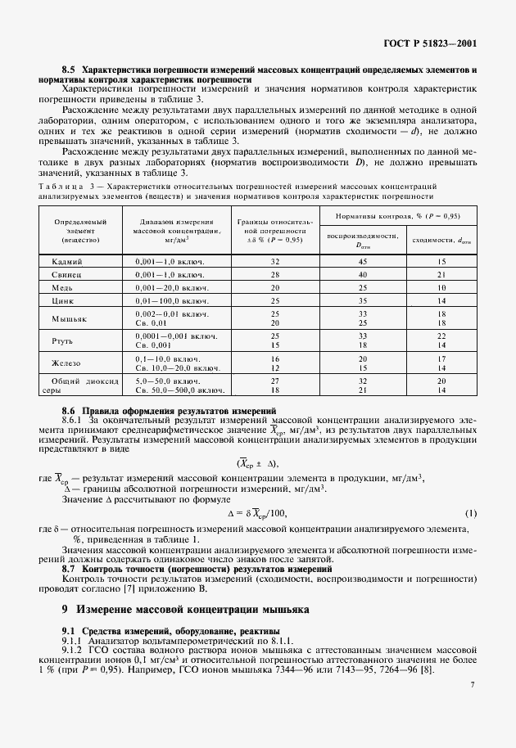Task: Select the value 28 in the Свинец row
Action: point(275,274)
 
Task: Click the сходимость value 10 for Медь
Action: point(441,287)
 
